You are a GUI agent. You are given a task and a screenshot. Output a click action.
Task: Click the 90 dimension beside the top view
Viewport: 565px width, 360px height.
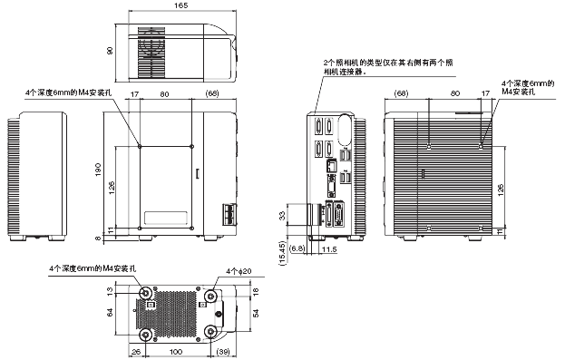pos(110,52)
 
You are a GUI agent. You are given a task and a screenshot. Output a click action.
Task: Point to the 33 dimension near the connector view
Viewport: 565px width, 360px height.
pos(279,215)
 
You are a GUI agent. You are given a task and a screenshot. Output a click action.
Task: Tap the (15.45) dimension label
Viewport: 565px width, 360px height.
pos(282,249)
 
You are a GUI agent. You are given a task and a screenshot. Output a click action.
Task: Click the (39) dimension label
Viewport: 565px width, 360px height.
pos(222,351)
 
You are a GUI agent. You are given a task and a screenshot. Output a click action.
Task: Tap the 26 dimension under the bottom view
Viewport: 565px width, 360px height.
pos(136,351)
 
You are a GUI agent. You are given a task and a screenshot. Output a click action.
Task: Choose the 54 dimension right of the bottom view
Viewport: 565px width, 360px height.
pos(258,312)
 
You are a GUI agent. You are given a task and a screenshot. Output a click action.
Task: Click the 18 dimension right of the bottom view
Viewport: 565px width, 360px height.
pos(258,290)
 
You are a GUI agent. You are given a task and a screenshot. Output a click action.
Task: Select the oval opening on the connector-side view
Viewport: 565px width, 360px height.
pos(344,128)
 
